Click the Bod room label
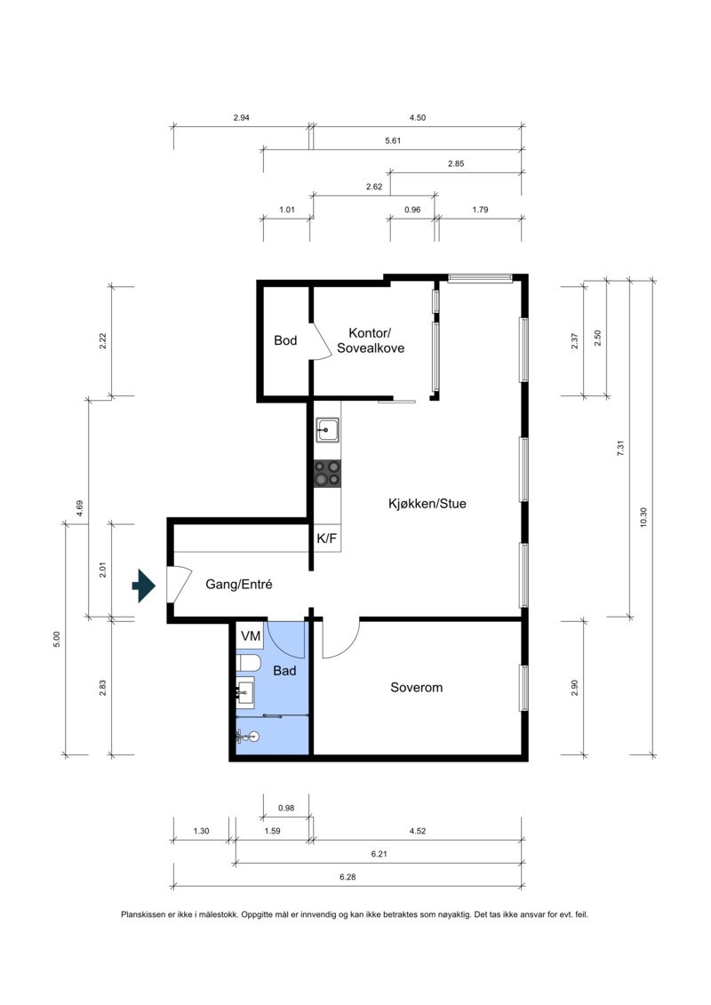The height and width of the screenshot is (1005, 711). click(285, 340)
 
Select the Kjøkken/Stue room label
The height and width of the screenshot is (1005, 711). click(427, 503)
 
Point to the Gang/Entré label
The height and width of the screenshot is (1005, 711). click(238, 585)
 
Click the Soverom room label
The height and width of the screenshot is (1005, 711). click(416, 687)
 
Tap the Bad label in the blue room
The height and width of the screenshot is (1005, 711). click(284, 671)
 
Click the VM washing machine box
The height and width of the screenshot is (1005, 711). click(251, 636)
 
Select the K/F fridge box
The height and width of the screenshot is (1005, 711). click(326, 538)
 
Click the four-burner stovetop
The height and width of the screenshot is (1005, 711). click(327, 473)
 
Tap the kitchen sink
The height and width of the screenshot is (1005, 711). click(327, 430)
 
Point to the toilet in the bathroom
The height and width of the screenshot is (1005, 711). click(248, 663)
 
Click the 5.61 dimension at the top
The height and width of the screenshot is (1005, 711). click(392, 140)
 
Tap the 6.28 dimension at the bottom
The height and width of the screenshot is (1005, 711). click(348, 876)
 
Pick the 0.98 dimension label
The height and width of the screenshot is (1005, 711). click(285, 808)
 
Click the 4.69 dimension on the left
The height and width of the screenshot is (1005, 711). click(79, 508)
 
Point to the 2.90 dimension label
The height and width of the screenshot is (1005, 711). click(574, 687)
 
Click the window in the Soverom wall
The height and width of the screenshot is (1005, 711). click(523, 687)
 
